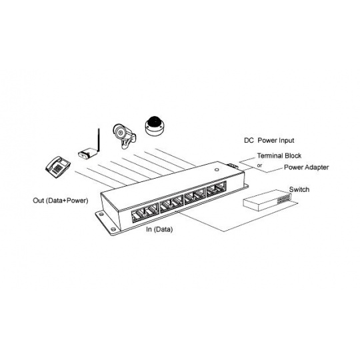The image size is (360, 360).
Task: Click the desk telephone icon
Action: tap(57, 167)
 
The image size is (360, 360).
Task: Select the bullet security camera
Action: tap(124, 136)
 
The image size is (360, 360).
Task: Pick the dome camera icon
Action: tap(155, 127)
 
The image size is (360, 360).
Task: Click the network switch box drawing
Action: tap(267, 200)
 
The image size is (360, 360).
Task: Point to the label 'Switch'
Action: tap(299, 189)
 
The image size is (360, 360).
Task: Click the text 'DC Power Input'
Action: tap(269, 140)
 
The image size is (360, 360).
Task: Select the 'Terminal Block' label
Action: tap(279, 155)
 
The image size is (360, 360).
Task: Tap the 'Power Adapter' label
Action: tap(306, 167)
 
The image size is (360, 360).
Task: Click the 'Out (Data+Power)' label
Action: tap(61, 201)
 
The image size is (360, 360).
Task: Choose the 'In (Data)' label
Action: tap(159, 229)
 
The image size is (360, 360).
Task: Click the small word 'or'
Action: tap(259, 165)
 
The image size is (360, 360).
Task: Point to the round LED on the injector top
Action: tap(216, 170)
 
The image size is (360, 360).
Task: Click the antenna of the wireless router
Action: tap(99, 140)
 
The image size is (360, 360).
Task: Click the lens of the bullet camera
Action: tap(119, 133)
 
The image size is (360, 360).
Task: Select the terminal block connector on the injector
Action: tap(231, 166)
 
